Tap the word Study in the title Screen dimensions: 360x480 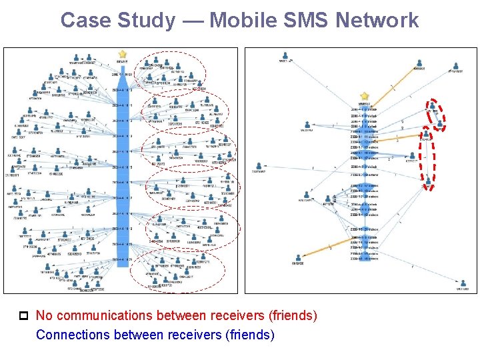(x=142, y=20)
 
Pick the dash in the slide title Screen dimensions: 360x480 (x=192, y=20)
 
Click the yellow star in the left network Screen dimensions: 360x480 (x=122, y=54)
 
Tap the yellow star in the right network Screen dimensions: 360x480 (x=364, y=97)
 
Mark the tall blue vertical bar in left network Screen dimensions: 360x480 (x=122, y=167)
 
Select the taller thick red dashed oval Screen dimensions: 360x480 (x=427, y=160)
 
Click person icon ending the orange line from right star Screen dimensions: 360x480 (x=419, y=65)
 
